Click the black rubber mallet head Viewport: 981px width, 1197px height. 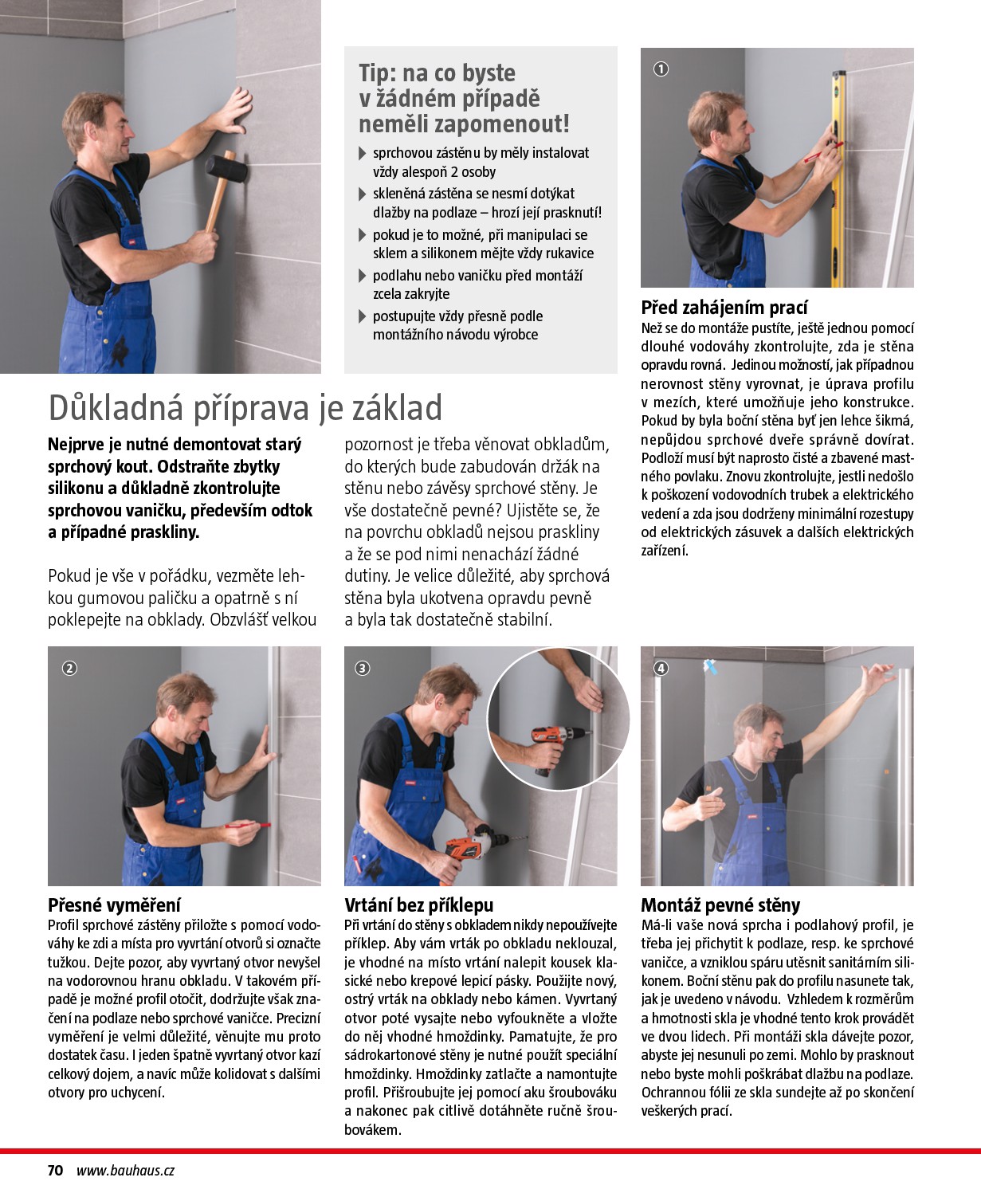(221, 168)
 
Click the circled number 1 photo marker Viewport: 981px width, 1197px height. (661, 69)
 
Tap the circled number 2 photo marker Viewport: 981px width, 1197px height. (69, 668)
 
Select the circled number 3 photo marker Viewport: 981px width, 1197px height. (363, 668)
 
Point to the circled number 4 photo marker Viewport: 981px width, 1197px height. (661, 668)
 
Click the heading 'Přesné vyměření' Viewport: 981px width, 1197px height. (114, 905)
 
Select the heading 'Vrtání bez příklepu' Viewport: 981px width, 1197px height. (418, 905)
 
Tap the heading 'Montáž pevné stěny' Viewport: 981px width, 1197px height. (720, 905)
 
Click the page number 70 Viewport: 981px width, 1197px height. (55, 1170)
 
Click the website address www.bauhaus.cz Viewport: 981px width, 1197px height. (125, 1170)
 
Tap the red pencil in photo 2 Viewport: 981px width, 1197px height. (247, 826)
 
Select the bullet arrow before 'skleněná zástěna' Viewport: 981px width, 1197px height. (363, 194)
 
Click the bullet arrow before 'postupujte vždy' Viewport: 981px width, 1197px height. (363, 317)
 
